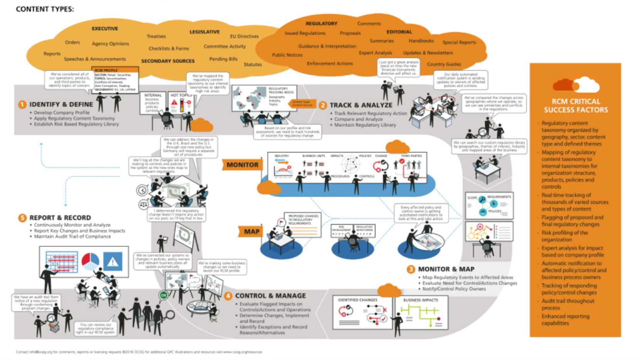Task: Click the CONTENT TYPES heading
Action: (45, 9)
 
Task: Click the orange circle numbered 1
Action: (22, 104)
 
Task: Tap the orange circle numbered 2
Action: (323, 105)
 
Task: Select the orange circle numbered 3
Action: (411, 269)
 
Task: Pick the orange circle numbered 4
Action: (228, 296)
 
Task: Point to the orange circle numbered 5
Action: (22, 218)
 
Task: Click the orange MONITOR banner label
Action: (242, 165)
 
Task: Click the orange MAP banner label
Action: (251, 232)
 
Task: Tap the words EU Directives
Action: (244, 37)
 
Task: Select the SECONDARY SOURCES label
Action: (168, 61)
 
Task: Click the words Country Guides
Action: (444, 64)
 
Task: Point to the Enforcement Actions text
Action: (330, 64)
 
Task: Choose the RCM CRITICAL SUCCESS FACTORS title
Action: (576, 106)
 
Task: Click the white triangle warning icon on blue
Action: (113, 262)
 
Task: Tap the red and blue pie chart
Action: (90, 261)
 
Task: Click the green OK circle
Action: (163, 295)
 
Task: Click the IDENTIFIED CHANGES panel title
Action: (357, 300)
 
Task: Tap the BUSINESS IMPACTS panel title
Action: (421, 300)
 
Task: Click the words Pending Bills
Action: (223, 59)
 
